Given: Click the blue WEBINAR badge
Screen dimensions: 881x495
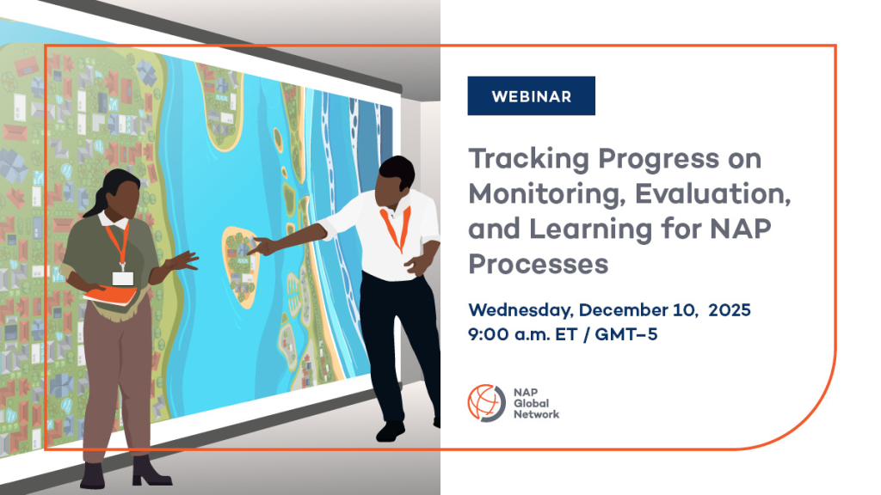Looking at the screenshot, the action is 531,96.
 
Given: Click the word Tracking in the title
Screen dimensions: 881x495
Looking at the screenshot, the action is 529,159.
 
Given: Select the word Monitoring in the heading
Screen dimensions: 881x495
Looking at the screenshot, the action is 547,195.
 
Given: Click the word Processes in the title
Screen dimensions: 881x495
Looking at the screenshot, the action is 539,264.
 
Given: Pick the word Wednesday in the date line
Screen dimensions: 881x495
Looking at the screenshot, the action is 521,310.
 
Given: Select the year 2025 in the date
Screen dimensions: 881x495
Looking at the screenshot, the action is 730,309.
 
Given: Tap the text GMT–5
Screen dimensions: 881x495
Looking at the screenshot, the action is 626,334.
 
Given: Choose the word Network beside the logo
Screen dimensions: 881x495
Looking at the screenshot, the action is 536,414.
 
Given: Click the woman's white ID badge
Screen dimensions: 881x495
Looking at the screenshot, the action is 123,278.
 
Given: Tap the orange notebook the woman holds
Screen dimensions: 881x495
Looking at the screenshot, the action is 110,296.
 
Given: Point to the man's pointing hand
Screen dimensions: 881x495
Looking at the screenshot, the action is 263,245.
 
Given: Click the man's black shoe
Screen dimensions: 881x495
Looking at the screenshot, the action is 391,431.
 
